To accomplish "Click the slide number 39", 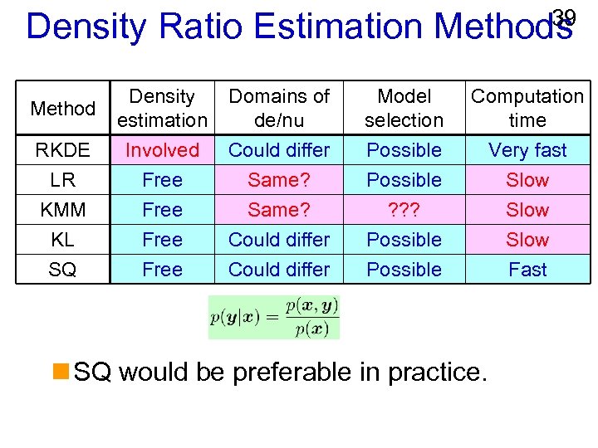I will [x=564, y=17].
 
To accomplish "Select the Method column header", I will [x=62, y=109].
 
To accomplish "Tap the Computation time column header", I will [x=527, y=108].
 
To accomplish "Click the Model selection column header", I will [x=404, y=108].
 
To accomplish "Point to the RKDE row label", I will [x=62, y=150].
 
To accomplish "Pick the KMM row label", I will [x=62, y=210].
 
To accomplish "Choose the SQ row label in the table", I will [x=62, y=270].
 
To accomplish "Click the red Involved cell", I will [x=162, y=150].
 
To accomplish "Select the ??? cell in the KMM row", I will [x=404, y=210].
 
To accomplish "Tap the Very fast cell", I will [x=527, y=150].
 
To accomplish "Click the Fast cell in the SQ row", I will [x=527, y=270].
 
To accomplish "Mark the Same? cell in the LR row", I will [x=279, y=180].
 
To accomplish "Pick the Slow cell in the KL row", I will [x=527, y=240].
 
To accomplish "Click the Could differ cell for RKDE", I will [x=279, y=150].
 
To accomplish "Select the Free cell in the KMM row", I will [x=162, y=210].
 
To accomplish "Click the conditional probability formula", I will [x=274, y=317].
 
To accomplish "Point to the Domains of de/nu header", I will [x=279, y=108].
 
